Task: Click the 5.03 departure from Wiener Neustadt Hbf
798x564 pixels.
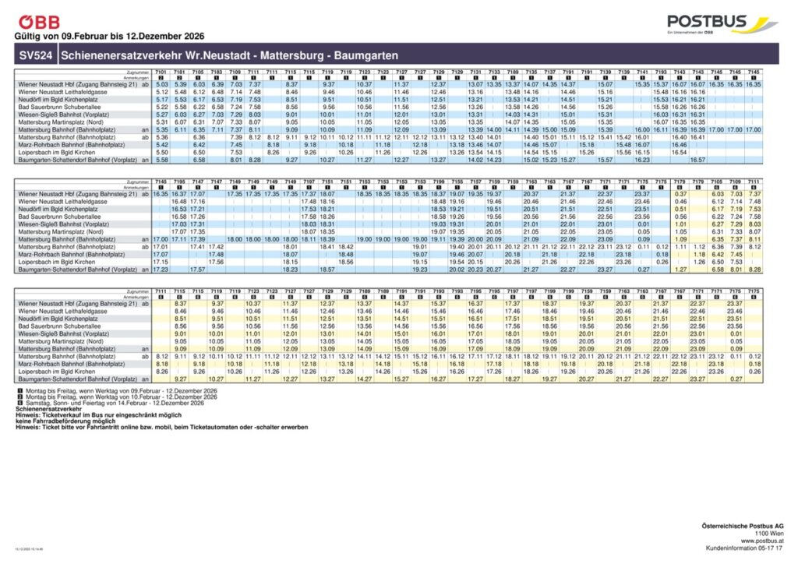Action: tap(161, 84)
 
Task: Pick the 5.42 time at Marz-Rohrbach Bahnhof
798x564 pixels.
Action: tap(161, 145)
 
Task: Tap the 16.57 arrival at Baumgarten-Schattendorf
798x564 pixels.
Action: tap(697, 160)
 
